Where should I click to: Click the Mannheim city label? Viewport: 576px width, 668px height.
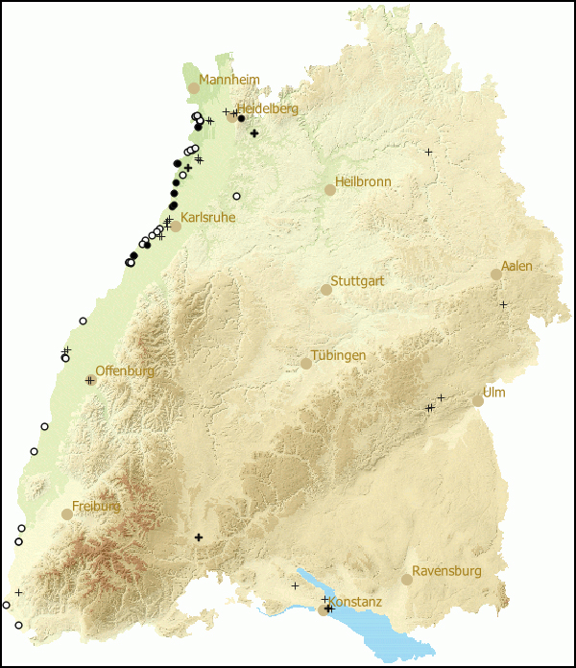tap(228, 80)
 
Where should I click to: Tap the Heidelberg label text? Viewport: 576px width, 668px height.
tap(268, 108)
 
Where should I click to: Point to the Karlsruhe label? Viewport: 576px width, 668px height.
tap(207, 218)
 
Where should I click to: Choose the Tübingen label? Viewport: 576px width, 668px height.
tap(338, 356)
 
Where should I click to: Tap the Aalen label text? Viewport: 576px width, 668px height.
tap(516, 266)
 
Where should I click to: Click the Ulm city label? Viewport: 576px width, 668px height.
tap(494, 393)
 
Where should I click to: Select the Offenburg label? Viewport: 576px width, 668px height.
tap(125, 371)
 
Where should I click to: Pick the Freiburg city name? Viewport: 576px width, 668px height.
tap(96, 506)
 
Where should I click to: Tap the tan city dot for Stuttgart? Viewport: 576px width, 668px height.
tap(326, 290)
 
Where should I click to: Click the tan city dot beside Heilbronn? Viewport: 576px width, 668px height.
tap(330, 190)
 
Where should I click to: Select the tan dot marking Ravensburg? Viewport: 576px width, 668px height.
tap(407, 580)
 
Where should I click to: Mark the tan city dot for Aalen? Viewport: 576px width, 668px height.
tap(496, 274)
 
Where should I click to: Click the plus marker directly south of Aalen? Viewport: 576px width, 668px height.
tap(503, 304)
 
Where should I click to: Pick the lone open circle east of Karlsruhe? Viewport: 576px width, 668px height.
tap(236, 196)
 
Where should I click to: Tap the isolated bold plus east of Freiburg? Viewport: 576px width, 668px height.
tap(199, 537)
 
